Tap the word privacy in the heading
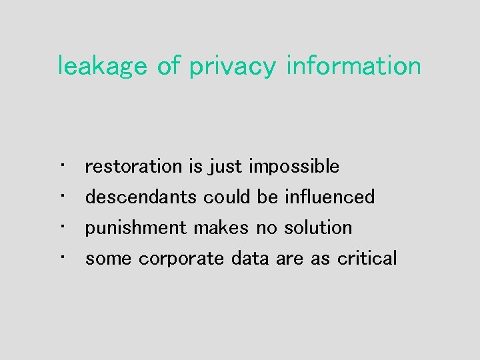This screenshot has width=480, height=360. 232,67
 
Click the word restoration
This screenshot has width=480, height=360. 133,166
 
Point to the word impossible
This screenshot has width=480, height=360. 294,167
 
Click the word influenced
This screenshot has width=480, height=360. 329,197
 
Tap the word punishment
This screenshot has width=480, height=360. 136,228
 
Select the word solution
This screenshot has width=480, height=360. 318,227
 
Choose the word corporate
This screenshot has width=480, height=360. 181,259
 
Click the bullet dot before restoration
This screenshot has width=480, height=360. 61,163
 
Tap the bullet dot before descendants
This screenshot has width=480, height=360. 61,194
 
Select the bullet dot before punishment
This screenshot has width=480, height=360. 61,225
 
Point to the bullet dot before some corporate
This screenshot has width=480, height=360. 61,255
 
